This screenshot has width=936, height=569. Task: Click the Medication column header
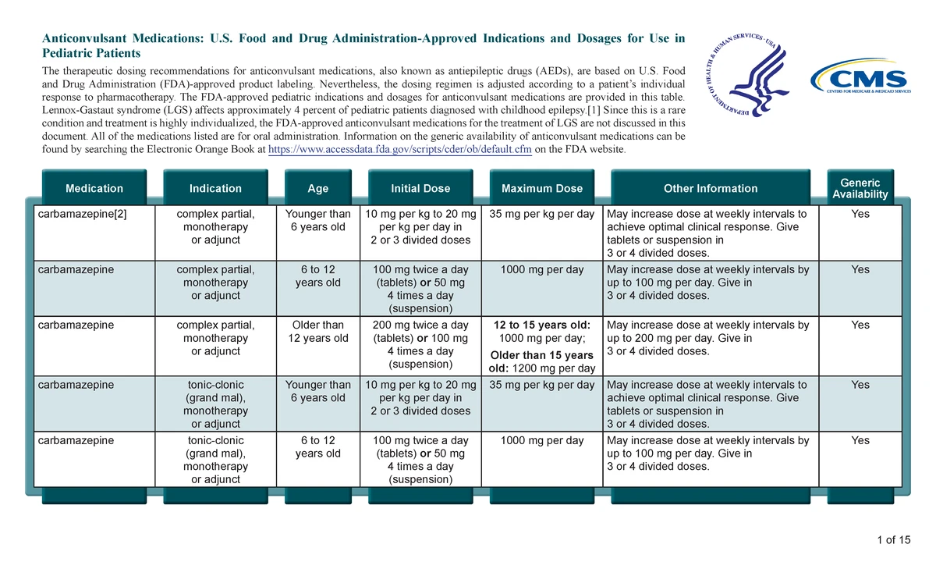pos(94,188)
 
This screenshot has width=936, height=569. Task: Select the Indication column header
pos(215,188)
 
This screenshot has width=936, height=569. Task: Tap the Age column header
pos(317,188)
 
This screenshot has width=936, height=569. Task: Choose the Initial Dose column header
pos(420,188)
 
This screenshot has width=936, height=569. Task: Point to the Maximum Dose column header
pos(542,188)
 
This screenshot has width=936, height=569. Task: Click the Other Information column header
pos(710,188)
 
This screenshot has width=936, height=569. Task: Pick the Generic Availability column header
pos(860,188)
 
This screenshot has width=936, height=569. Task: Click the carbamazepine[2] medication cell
pos(82,214)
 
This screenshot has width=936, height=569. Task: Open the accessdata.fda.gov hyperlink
pos(399,150)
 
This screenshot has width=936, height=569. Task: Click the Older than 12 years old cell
pos(317,332)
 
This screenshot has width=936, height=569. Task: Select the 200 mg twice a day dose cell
pos(420,325)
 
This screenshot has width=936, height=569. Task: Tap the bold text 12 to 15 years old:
pos(542,325)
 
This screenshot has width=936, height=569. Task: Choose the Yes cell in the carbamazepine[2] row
pos(860,214)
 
